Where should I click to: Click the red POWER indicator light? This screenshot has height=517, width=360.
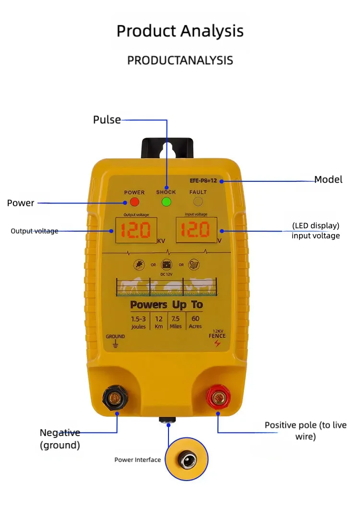tap(134, 202)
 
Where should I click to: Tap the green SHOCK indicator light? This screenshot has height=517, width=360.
tap(167, 202)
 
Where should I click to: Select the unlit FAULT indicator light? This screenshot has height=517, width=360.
tap(198, 202)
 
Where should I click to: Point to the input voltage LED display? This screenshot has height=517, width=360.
tap(195, 231)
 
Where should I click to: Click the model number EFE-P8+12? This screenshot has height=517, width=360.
tap(203, 181)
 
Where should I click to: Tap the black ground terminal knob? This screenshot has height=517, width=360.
tap(115, 398)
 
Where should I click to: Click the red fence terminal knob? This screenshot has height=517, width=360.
tap(218, 398)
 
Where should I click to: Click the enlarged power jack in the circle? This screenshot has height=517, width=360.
tap(187, 461)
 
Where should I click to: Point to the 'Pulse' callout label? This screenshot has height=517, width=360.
tap(107, 119)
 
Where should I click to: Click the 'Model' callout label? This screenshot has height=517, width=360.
tap(328, 179)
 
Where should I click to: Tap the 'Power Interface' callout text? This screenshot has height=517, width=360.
tap(137, 460)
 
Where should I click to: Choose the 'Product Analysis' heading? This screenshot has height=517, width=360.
tap(180, 31)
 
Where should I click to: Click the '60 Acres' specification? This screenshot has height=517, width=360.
tap(195, 322)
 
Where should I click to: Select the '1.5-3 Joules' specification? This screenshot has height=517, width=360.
tap(138, 322)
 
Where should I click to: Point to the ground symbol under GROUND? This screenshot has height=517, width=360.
tap(115, 344)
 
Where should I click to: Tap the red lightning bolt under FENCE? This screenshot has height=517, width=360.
tap(217, 343)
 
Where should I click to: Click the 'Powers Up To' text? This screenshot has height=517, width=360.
tap(167, 305)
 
